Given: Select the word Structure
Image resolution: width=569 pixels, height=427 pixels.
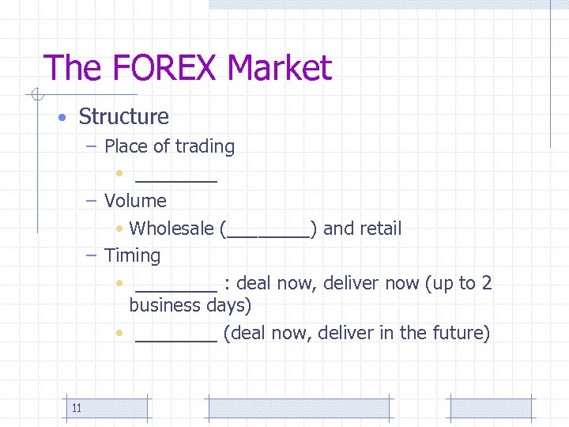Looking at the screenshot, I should [x=124, y=117].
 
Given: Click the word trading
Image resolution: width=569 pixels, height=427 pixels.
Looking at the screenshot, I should [x=205, y=147].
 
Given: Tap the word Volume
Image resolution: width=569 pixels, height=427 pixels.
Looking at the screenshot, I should [x=135, y=201].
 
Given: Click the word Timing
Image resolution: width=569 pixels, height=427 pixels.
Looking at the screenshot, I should [x=132, y=256].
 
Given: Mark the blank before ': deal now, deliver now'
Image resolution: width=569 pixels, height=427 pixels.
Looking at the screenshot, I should [x=176, y=289].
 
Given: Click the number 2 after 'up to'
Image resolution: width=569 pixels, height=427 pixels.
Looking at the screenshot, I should [x=487, y=283].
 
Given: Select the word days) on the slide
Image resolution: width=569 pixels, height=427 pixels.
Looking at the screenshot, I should [x=228, y=306].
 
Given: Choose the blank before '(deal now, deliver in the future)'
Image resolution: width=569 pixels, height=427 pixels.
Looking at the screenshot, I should [x=176, y=339].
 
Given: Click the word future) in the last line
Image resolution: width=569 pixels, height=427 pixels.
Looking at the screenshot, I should [x=461, y=333].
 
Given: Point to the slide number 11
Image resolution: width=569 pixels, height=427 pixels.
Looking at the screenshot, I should [x=77, y=408].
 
